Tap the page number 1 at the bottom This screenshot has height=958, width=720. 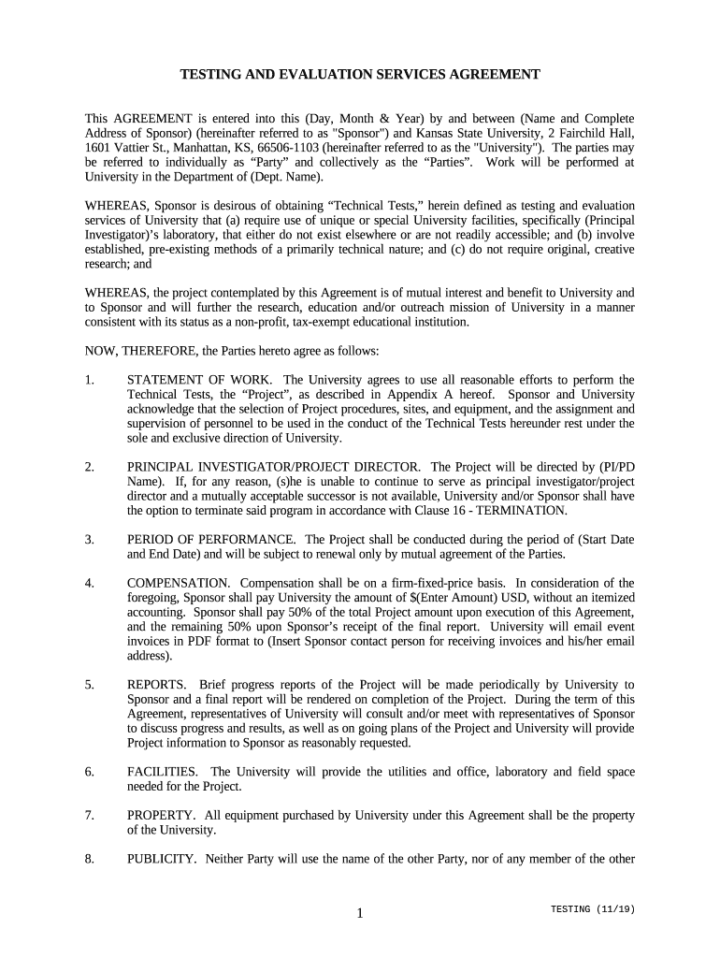coord(359,914)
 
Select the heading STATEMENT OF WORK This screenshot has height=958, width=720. coord(201,380)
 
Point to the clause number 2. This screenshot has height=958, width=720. coord(89,467)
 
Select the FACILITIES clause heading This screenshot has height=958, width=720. coord(163,772)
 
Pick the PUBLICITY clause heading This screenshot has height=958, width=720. coord(162,859)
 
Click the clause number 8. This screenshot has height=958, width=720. coord(89,859)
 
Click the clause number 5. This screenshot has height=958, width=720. coord(89,685)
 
